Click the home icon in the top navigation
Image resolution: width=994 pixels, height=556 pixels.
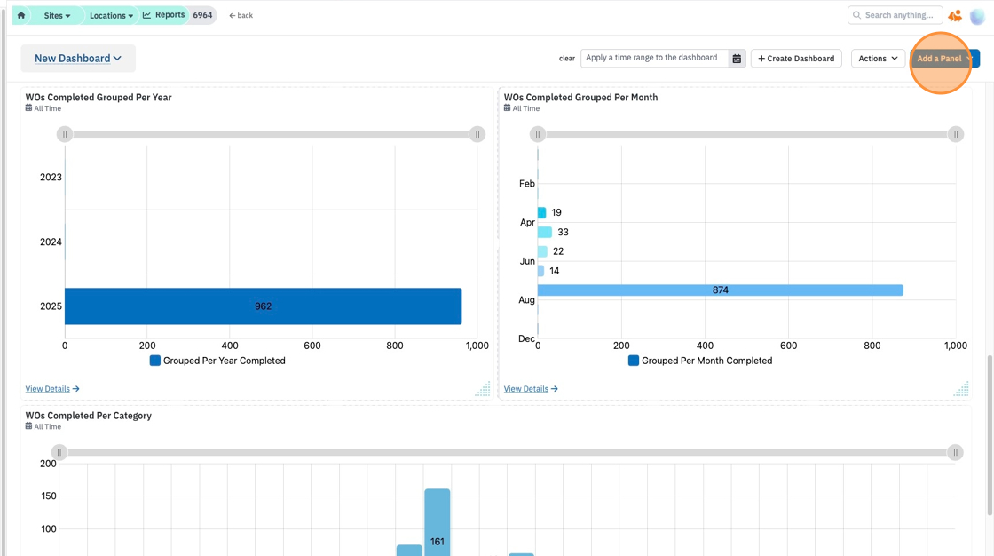point(21,15)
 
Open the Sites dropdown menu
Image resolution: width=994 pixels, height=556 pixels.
point(57,15)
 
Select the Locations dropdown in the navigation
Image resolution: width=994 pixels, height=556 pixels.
point(111,15)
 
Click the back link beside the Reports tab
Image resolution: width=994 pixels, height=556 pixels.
point(241,15)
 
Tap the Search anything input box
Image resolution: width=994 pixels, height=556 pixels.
point(895,15)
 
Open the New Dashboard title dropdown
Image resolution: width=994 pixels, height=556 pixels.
point(77,59)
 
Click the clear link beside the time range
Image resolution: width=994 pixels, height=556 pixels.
point(567,59)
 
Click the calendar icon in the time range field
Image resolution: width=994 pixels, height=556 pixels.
point(737,59)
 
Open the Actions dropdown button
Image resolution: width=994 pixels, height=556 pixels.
point(878,59)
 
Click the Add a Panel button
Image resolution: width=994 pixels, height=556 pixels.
point(944,59)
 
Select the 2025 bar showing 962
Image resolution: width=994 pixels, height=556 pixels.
point(263,306)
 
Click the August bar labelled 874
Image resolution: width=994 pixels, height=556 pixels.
point(720,290)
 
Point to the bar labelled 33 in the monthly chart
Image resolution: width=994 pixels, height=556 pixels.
point(545,233)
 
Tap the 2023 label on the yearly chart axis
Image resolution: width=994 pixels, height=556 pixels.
point(51,177)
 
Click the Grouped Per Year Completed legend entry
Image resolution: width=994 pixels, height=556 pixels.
point(217,361)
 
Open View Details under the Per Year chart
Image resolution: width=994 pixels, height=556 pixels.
point(52,389)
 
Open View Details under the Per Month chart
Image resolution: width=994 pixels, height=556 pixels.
point(531,389)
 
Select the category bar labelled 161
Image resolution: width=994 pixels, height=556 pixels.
point(438,522)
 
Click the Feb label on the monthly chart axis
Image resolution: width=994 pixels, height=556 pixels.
point(527,184)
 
